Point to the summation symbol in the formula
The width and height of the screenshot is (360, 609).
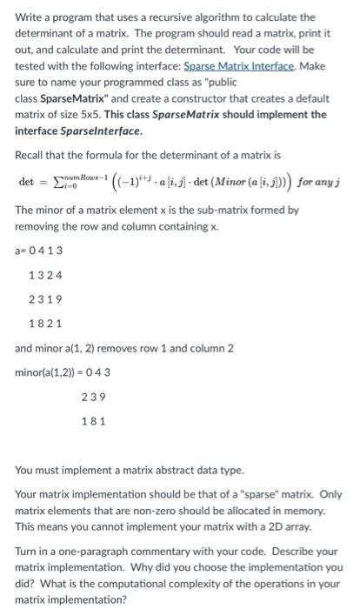click(x=58, y=182)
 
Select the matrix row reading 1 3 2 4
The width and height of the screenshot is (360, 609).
click(x=45, y=275)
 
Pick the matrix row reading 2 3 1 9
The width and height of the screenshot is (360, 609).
click(x=45, y=298)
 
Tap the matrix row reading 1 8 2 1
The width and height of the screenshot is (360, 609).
click(x=45, y=323)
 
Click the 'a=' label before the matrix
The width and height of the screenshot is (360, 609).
click(x=21, y=251)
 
